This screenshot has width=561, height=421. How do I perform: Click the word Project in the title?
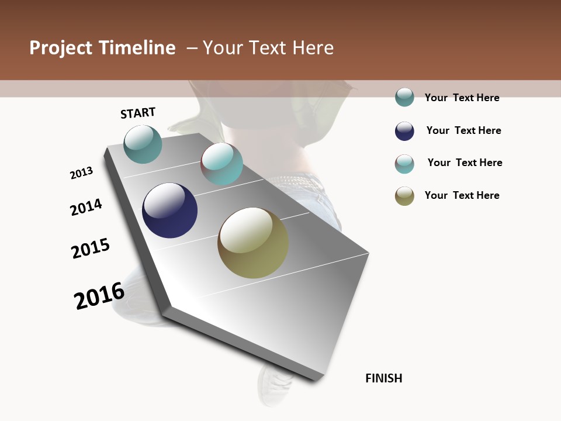61,48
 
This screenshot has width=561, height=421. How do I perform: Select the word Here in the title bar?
313,48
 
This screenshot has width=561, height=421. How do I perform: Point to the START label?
138,113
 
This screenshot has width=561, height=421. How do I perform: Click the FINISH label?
384,378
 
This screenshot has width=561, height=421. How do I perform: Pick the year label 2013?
81,173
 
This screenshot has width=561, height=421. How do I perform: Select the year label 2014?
86,208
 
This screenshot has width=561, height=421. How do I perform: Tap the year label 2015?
91,249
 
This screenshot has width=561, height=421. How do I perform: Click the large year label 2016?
99,295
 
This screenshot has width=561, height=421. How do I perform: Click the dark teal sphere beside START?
143,144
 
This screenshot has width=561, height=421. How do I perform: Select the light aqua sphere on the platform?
221,164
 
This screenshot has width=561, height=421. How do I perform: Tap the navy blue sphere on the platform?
169,210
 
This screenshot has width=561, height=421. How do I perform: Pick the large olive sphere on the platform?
253,243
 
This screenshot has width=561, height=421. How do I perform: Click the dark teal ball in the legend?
404,97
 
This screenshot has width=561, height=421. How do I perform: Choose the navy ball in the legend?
404,131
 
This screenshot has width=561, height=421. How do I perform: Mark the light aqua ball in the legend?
404,164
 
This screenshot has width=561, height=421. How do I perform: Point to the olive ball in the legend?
404,196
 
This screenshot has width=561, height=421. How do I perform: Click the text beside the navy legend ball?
463,130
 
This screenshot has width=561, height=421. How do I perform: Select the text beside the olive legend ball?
462,195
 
